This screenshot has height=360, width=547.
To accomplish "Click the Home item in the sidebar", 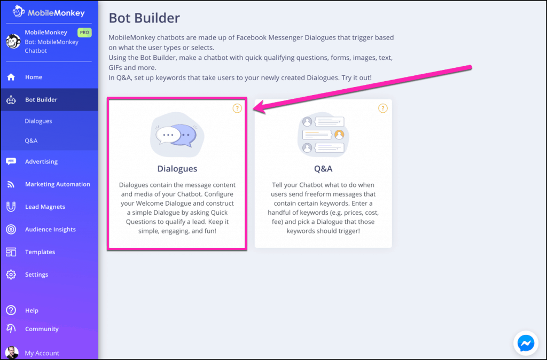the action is click(x=33, y=77).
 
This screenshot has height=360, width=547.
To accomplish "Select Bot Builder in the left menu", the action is click(x=41, y=100).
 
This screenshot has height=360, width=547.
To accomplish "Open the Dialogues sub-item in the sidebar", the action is click(x=38, y=121).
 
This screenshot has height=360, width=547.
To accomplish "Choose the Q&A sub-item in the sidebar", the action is click(x=31, y=141).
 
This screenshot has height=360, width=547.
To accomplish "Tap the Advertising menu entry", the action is click(x=41, y=162).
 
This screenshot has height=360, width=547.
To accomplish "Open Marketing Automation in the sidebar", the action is click(x=57, y=184).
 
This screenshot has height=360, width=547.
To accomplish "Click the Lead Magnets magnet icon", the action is click(x=11, y=207).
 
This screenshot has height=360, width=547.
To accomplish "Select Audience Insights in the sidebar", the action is click(x=50, y=230).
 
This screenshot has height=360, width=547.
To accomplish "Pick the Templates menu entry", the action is click(x=40, y=252).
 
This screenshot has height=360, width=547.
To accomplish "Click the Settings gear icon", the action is click(x=11, y=275).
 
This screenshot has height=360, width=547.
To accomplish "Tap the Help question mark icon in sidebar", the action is click(x=11, y=310).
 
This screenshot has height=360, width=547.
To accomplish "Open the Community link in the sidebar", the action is click(x=42, y=329).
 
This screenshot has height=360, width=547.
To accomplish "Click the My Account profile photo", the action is click(x=11, y=353).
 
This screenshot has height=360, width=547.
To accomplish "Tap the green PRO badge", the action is click(x=84, y=33).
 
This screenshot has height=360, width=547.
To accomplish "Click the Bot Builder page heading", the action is click(x=144, y=18).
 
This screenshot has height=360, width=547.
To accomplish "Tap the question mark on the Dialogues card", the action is click(x=237, y=108).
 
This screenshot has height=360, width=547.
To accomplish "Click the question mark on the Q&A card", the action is click(x=382, y=108).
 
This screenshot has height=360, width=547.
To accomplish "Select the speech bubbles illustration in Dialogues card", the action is click(x=177, y=135).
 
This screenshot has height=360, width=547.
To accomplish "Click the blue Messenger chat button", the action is click(x=526, y=343).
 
